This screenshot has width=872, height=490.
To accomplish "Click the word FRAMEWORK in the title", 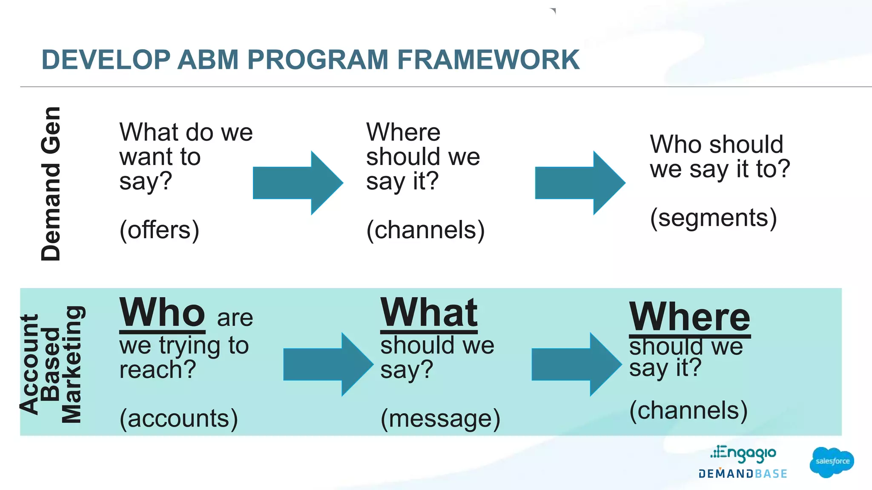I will click(488, 60).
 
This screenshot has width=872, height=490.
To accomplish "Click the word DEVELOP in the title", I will click(105, 60).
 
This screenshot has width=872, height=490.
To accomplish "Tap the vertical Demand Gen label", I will click(51, 184).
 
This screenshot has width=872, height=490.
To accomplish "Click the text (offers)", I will click(159, 230).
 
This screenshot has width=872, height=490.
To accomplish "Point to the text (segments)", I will click(713, 218).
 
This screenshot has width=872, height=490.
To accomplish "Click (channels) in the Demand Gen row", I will click(425, 230).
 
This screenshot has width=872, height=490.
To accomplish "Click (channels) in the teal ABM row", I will click(688, 410).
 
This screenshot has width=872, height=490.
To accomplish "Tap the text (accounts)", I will click(178, 419).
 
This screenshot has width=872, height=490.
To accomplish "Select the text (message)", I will click(440, 419).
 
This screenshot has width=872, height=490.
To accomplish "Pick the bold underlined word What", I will click(429, 313).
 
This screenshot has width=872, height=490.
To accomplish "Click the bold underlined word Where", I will click(689, 317).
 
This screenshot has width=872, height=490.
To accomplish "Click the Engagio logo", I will click(743, 454).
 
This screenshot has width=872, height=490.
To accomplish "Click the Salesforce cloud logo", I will click(832, 462).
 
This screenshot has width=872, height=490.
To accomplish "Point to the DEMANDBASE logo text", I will click(743, 474).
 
